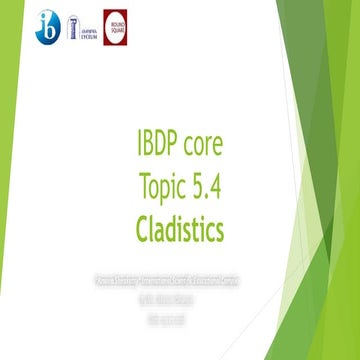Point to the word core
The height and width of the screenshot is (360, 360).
(207, 146)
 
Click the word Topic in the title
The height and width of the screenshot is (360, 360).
(164, 188)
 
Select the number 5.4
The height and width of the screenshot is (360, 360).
(206, 188)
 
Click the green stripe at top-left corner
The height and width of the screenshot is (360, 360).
(10, 9)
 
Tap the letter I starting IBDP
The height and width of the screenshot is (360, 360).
(139, 145)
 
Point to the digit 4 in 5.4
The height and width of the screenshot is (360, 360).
(216, 188)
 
